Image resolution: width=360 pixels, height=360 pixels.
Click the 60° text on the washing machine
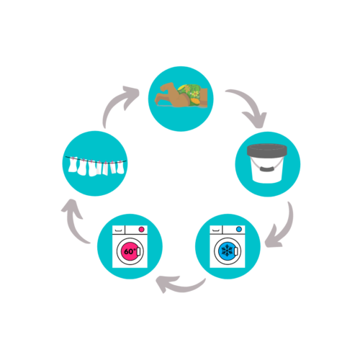pos(130,251)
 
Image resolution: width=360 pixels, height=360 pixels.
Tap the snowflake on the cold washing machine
pos(227,251)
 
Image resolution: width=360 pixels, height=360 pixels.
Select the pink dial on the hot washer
pos(142,230)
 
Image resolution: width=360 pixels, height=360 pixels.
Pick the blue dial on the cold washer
pos(239,229)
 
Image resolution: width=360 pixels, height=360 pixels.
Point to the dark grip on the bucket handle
pos(267,168)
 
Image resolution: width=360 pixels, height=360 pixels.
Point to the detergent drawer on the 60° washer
pos(119,230)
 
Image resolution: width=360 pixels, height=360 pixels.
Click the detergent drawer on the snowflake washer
pos(216,230)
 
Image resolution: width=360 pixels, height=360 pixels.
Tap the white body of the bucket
pos(267,171)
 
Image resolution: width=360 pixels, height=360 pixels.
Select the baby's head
pos(168,88)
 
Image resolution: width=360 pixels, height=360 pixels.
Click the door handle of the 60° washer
pos(138,252)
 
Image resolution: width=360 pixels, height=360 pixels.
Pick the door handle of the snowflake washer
pos(235,251)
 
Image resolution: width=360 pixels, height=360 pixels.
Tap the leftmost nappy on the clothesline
pos(73,165)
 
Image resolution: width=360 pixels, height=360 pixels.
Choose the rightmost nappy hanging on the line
pos(120,168)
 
